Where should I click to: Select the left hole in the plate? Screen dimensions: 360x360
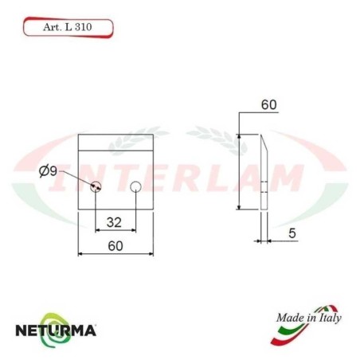coord(96,187)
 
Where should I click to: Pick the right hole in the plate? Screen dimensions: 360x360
coord(136,187)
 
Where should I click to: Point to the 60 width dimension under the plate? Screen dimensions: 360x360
coord(115,246)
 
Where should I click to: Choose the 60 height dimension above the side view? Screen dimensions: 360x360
coord(268,104)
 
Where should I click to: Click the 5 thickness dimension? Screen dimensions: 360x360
coord(292,233)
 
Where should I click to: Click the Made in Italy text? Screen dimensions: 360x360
coord(308,319)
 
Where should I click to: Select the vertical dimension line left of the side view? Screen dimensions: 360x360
coord(239,171)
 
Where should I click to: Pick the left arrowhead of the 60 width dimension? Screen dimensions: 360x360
coord(80,255)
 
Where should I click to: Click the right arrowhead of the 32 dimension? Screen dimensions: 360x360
coord(133,229)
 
